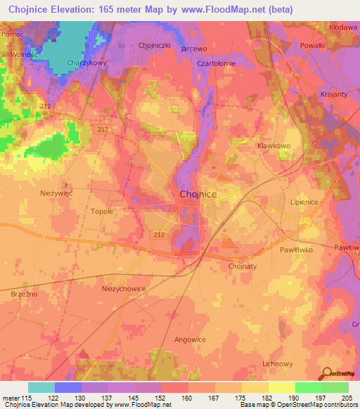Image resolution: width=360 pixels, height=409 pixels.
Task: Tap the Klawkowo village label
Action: [274, 145]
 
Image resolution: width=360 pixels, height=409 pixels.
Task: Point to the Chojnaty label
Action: [243, 266]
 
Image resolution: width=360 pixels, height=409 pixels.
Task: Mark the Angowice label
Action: [190, 339]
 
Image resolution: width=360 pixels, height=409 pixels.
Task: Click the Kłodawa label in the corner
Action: [343, 26]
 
